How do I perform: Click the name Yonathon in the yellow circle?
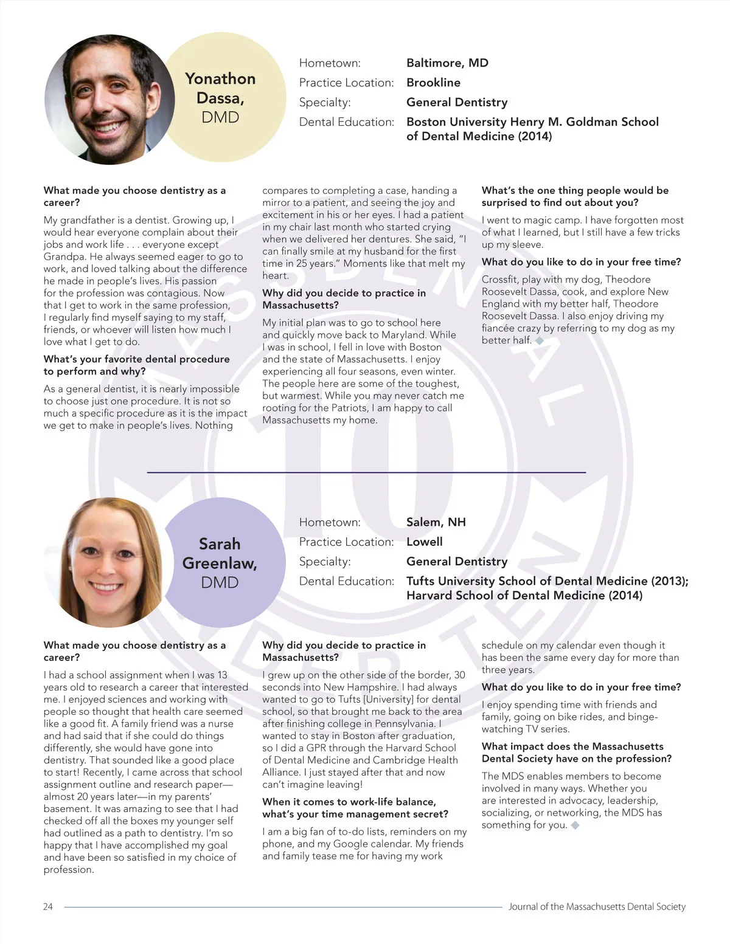220,79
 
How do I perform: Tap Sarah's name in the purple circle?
220,543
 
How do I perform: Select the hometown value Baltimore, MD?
447,63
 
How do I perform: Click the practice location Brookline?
433,82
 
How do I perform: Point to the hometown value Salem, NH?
436,522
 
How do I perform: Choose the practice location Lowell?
424,542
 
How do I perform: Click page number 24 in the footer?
48,906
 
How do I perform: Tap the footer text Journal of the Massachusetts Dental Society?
597,906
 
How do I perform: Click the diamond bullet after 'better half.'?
540,340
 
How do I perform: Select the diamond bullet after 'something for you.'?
575,825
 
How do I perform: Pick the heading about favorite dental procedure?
136,365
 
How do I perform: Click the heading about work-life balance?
355,808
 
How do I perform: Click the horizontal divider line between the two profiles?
366,472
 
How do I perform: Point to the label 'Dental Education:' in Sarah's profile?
346,581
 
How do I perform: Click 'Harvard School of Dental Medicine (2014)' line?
524,596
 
